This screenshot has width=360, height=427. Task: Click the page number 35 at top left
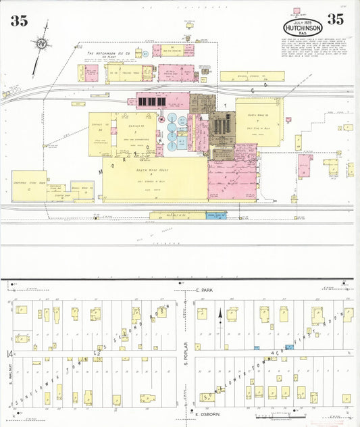click(x=18, y=21)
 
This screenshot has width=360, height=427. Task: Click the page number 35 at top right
click(x=335, y=19)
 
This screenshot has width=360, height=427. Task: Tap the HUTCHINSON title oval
click(x=303, y=27)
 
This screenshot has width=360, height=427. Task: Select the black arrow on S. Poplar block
click(x=220, y=315)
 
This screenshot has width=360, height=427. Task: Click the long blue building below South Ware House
click(x=216, y=216)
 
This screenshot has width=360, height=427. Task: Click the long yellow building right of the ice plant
click(x=251, y=76)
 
